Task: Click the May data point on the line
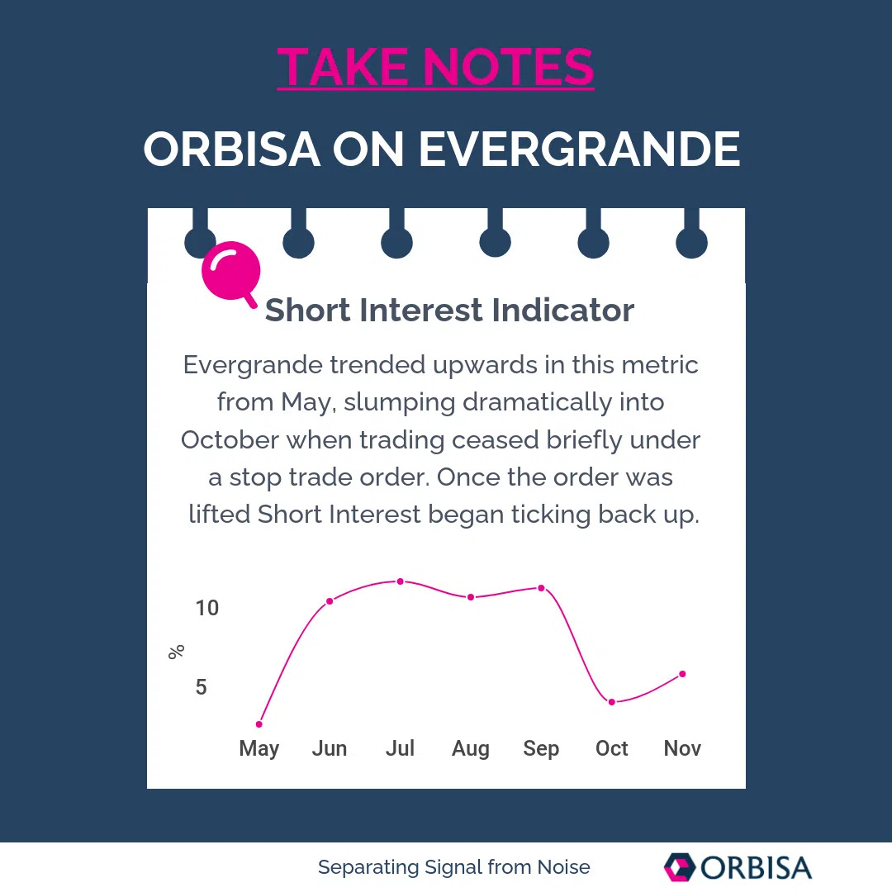(x=259, y=724)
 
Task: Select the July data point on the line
(x=401, y=581)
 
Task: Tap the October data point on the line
(x=612, y=702)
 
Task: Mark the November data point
(x=682, y=674)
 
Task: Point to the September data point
(x=542, y=588)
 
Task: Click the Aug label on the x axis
(x=471, y=748)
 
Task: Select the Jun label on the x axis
(x=330, y=748)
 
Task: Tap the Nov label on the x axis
(x=682, y=748)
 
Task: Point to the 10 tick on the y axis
(x=207, y=608)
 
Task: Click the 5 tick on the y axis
(x=202, y=687)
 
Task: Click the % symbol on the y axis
(x=176, y=652)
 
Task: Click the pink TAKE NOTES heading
(x=435, y=67)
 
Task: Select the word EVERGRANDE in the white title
(x=579, y=149)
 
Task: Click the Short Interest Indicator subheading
(x=449, y=311)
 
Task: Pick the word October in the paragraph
(x=230, y=439)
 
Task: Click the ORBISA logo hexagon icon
(x=679, y=867)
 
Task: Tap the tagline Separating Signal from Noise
(x=453, y=867)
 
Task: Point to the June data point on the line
(x=330, y=600)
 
